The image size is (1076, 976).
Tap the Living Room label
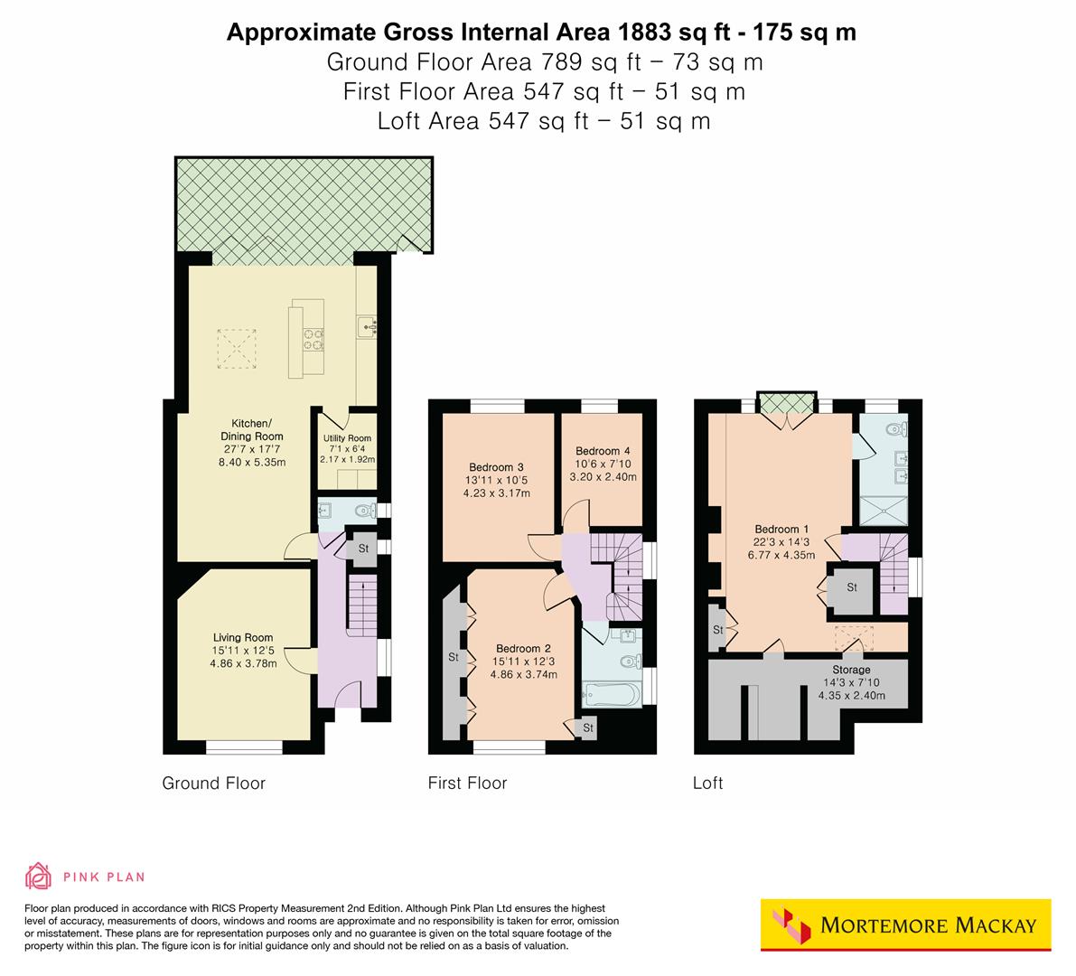[243, 636]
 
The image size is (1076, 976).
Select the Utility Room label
[348, 438]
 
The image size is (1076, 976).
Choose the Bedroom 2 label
[523, 648]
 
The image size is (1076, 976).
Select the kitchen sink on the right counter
[369, 324]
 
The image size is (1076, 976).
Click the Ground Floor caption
[213, 783]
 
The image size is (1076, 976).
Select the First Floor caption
[467, 783]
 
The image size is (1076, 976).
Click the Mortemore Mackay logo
[905, 924]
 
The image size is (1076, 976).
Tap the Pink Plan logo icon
[38, 876]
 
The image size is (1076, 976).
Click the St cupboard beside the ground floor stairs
[363, 549]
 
